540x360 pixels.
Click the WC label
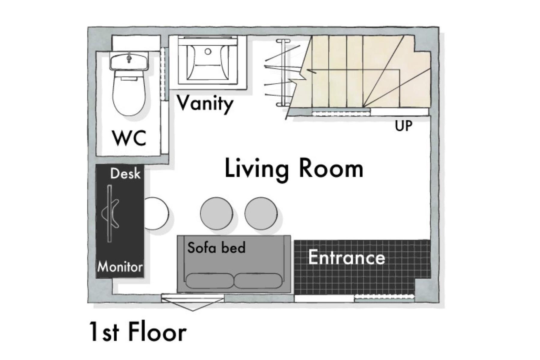coord(129,138)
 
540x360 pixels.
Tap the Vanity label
coord(205,104)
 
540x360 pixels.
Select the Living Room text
coord(294,169)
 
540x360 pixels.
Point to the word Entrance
coord(347,257)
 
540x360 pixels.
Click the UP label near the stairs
coord(403,126)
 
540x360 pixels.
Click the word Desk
coord(125,173)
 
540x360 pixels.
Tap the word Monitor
coord(120,267)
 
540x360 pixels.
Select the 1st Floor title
coord(138,332)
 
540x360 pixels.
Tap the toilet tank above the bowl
coord(129,62)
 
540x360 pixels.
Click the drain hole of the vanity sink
coord(208,52)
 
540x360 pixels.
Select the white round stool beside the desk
coord(156,213)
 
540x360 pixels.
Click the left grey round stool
coord(216,213)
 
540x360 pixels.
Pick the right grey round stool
coord(261,213)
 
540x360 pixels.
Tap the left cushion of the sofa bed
coord(210,281)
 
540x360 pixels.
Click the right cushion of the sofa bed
coord(258,281)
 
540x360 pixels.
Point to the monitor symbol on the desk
coord(110,213)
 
